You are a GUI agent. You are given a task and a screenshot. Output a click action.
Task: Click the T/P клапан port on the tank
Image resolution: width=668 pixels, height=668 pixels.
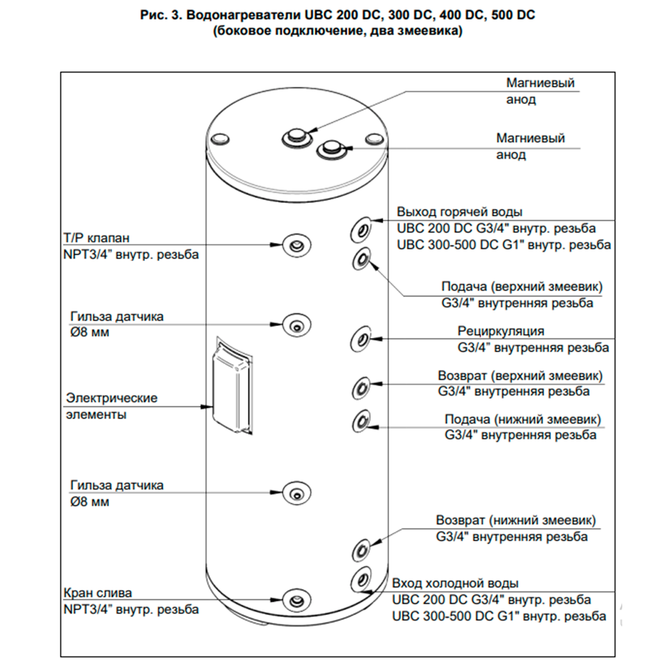coord(297,245)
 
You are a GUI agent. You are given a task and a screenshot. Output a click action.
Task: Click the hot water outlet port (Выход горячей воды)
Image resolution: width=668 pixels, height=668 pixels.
coord(361,230)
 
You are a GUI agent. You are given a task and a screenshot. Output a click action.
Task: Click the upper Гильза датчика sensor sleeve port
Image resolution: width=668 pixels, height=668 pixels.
coord(297,325)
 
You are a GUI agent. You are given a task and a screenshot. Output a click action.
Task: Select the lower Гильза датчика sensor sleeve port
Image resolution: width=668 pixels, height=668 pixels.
coord(297,493)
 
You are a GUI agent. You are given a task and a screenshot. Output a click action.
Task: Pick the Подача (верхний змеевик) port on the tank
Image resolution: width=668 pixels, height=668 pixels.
coord(361,259)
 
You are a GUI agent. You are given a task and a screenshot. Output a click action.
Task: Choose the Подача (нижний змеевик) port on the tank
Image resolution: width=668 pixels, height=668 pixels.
coord(361,421)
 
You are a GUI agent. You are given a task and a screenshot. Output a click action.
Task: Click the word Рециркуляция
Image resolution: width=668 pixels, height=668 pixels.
coord(501,331)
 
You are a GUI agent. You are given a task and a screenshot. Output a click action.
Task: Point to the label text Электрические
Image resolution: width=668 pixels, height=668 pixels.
coord(112,398)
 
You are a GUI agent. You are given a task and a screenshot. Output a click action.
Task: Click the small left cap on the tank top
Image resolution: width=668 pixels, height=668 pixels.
coord(220,139)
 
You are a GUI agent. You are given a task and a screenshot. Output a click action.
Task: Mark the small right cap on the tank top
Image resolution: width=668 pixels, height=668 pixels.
coord(375,139)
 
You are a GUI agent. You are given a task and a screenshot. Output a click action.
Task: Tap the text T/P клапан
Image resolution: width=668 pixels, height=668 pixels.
coord(97,238)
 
